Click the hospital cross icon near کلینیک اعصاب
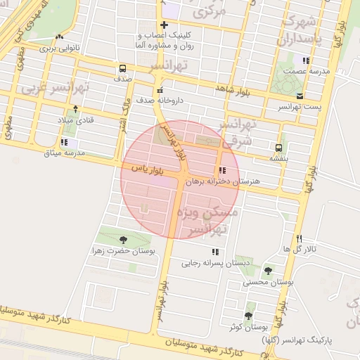tap(164, 25)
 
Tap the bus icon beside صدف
tap(123, 69)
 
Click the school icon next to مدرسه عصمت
tap(306, 60)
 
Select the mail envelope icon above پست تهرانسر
tap(300, 95)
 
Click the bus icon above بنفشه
tap(279, 148)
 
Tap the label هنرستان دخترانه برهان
tap(222, 181)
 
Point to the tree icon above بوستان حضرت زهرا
tap(124, 240)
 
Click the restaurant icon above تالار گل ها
tap(300, 239)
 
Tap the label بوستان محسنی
tap(268, 282)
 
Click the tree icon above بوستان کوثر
tap(248, 316)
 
